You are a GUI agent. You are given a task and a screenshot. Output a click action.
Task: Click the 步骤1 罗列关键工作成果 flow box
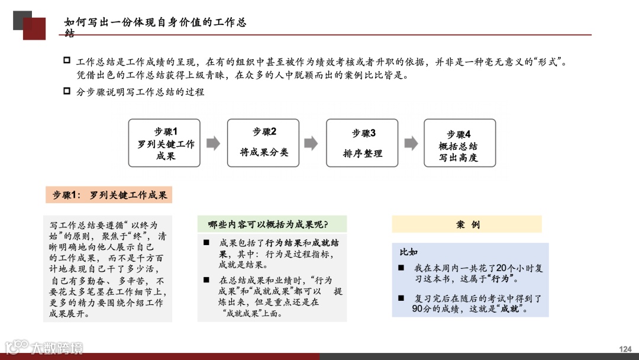coord(164,143)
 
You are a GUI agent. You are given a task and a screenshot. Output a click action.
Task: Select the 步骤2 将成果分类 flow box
coord(263,142)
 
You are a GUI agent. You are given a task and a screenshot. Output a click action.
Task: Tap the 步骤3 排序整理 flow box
coord(362,143)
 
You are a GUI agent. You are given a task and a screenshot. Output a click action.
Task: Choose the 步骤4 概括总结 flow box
coord(459,143)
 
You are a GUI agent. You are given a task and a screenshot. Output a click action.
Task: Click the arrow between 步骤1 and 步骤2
coord(213,143)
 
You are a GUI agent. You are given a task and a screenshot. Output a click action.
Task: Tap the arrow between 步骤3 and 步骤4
coord(411,143)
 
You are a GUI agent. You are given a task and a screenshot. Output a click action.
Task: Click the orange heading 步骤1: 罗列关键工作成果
coord(109,195)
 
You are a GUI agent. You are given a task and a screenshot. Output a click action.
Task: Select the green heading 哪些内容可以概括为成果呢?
coord(272,224)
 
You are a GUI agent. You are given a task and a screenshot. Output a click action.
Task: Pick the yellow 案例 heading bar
coord(466,224)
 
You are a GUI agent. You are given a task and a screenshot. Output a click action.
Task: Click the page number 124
coord(625,349)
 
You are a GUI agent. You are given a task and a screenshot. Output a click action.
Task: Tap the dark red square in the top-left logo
coord(35,29)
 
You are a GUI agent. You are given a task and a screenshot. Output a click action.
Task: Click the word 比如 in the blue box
coord(408,252)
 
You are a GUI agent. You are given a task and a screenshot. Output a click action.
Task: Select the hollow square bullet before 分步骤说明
coord(66,91)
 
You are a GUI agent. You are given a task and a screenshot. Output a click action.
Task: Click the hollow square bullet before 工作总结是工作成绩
coord(66,61)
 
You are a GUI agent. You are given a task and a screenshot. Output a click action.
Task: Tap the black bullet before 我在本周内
coord(401,268)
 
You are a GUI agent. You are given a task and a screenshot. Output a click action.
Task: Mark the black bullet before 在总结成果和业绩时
coord(206,280)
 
